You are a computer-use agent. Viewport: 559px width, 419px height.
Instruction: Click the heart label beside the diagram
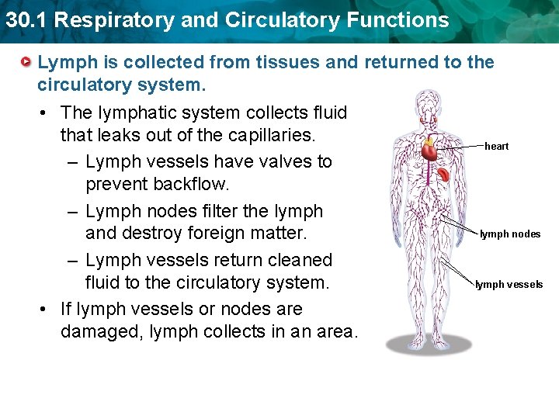coord(496,146)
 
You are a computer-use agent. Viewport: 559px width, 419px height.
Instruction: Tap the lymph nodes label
coord(510,234)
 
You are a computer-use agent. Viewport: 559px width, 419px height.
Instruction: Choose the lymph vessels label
coord(509,284)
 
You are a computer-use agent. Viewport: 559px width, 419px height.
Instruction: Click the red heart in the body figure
coord(429,151)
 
